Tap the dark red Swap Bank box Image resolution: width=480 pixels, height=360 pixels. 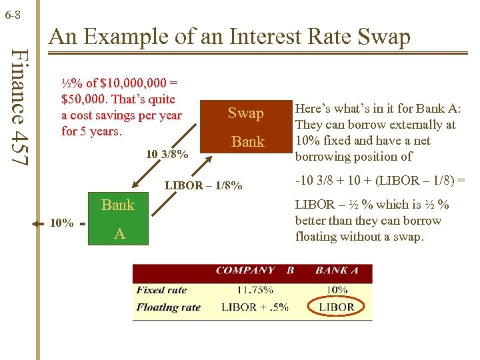[246, 127]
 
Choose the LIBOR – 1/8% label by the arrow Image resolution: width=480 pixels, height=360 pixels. [203, 185]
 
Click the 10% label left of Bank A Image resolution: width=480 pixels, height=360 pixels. [62, 223]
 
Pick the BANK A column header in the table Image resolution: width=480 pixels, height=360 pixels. [337, 271]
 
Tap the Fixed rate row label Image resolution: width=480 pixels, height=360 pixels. [161, 290]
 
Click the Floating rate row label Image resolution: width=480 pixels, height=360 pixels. [168, 307]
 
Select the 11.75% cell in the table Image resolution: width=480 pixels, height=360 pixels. [255, 290]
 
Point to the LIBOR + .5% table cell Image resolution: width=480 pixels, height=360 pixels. [255, 307]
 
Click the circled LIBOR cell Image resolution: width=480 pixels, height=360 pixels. [337, 307]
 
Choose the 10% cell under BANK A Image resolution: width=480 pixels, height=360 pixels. [337, 290]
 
